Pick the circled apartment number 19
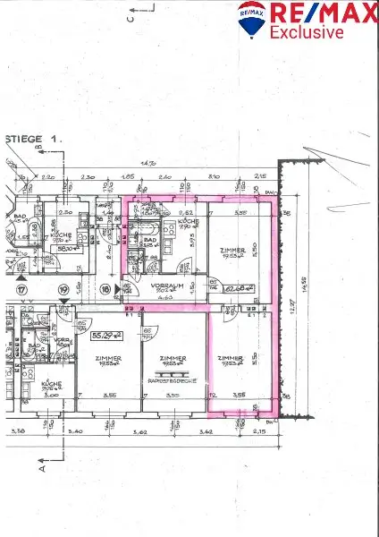pos(63,290)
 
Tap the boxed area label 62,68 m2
pos(236,288)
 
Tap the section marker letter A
pos(41,466)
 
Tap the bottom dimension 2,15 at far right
pos(260,431)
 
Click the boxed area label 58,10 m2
pos(66,251)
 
